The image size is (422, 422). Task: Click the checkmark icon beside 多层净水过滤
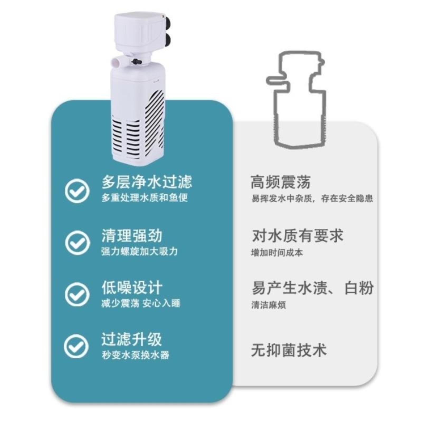click(x=77, y=190)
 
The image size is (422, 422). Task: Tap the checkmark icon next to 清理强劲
click(x=77, y=242)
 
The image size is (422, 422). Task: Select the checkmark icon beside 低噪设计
click(x=77, y=294)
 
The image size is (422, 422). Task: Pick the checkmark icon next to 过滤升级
click(x=76, y=346)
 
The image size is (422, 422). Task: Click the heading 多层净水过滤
click(x=147, y=182)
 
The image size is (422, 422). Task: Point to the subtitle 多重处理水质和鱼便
click(x=145, y=198)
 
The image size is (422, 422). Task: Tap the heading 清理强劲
click(x=132, y=236)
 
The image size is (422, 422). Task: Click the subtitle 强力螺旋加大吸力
click(x=140, y=251)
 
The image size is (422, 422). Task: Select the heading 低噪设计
click(x=132, y=287)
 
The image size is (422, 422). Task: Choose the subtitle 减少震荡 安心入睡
click(x=141, y=303)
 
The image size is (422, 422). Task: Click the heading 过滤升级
click(x=132, y=339)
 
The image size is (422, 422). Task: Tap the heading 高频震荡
click(x=281, y=182)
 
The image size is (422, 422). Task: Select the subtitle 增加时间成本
click(x=277, y=253)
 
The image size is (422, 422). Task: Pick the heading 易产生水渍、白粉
click(x=313, y=288)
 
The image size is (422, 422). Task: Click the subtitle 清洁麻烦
click(x=268, y=305)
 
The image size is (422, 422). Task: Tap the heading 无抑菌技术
click(x=289, y=350)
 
